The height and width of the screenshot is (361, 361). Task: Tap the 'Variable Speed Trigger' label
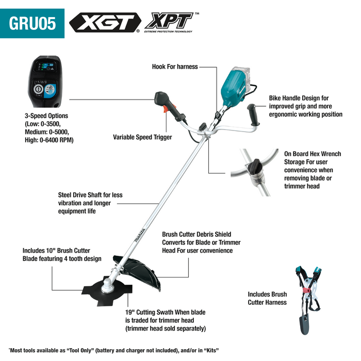click(x=142, y=137)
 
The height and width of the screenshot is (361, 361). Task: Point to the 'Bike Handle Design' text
click(x=299, y=97)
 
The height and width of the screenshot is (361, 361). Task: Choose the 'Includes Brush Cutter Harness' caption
click(x=267, y=298)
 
